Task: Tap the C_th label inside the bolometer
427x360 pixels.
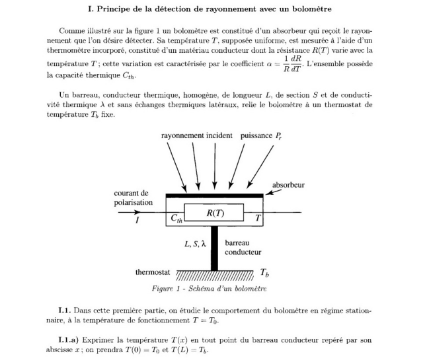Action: coord(176,218)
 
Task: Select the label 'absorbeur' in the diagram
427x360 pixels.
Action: coord(288,185)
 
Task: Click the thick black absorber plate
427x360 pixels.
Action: coord(214,195)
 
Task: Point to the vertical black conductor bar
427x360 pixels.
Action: coord(214,248)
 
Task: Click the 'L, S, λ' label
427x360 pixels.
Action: coord(195,244)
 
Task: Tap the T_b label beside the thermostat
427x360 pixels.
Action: coord(264,272)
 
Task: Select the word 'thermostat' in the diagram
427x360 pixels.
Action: coord(153,272)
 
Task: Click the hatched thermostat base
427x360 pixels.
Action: coord(214,275)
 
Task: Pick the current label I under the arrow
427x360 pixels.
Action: coord(137,221)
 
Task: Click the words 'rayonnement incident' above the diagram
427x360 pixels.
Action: coord(196,135)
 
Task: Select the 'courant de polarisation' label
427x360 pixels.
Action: coord(133,198)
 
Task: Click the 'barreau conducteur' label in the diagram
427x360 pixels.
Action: coord(243,248)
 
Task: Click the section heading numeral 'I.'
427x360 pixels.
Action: coord(91,9)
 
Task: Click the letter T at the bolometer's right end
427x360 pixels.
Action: coord(258,217)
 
